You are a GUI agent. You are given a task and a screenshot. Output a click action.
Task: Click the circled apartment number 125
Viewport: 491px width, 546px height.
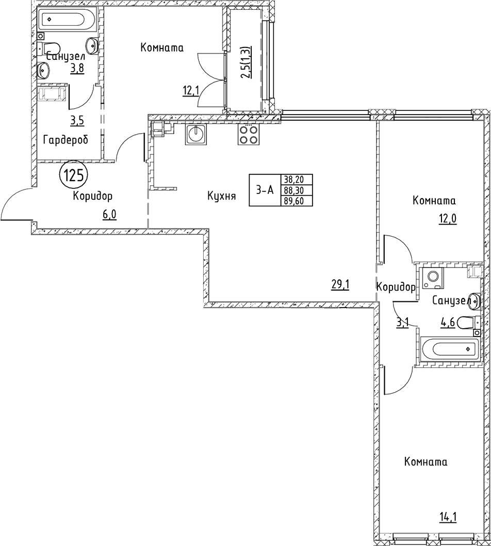[x=74, y=176]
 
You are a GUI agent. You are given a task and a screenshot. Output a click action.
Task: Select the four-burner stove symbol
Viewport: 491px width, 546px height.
[x=248, y=135]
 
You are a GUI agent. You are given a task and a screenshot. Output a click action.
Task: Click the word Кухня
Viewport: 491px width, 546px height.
[x=221, y=196]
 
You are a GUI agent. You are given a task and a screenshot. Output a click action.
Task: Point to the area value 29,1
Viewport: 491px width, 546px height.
[x=340, y=285]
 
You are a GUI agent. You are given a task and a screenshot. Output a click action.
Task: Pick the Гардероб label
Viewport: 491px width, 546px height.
[x=66, y=140]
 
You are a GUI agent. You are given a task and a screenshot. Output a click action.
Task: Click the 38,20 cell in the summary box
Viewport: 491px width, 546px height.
[x=294, y=180]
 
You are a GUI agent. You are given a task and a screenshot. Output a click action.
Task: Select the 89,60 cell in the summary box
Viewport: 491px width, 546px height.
[x=294, y=201]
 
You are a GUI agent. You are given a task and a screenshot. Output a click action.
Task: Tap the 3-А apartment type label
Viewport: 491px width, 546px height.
[x=265, y=190]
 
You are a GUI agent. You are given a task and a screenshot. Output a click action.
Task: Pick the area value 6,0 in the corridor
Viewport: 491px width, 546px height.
[x=109, y=215]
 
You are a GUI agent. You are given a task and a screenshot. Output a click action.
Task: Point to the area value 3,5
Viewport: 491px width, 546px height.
[x=77, y=121]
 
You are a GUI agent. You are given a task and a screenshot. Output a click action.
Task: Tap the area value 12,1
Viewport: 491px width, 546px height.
[x=191, y=91]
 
